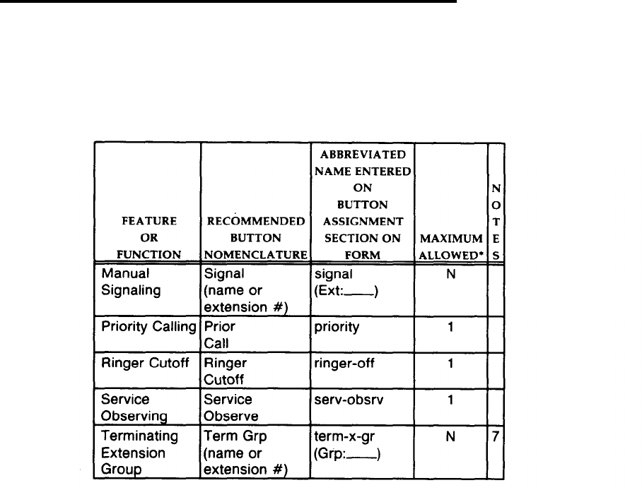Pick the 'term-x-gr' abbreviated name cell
click(339, 444)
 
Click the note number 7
click(496, 438)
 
